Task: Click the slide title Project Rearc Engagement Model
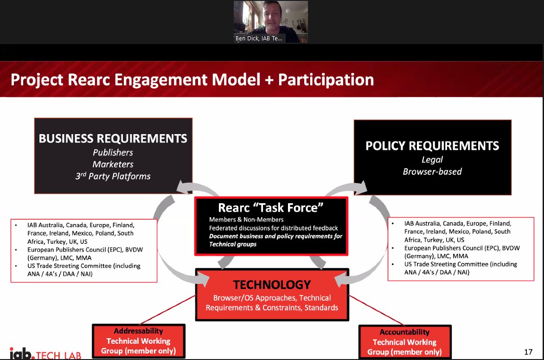[x=192, y=79]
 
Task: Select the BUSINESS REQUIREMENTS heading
[x=113, y=138]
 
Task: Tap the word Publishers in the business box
[x=113, y=153]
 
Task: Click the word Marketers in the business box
[x=113, y=164]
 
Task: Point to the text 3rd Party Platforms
[x=113, y=176]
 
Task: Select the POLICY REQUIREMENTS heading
[x=432, y=146]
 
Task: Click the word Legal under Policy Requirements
[x=432, y=160]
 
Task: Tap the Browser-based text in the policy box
[x=432, y=172]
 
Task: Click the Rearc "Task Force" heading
[x=271, y=208]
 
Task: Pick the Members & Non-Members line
[x=246, y=219]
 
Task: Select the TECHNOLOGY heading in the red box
[x=272, y=284]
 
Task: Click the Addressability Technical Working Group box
[x=139, y=341]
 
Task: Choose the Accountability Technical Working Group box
[x=404, y=342]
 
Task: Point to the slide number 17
[x=528, y=351]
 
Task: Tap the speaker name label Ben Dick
[x=259, y=39]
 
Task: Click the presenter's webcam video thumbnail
[x=271, y=19]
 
